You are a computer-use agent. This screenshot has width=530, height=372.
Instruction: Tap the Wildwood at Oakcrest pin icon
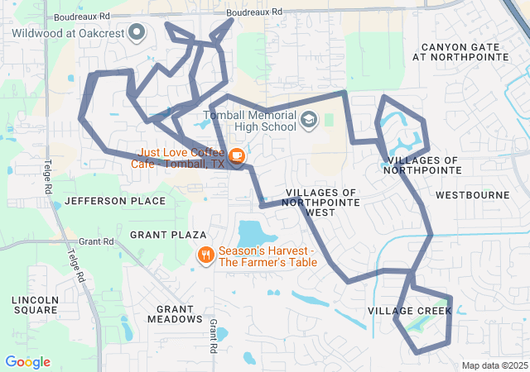[x=137, y=33]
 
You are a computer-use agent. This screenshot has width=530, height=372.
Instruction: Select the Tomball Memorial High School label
[x=248, y=122]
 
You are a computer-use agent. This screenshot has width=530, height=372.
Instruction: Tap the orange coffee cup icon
[x=237, y=155]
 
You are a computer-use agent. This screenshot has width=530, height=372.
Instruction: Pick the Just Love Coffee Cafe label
[x=178, y=158]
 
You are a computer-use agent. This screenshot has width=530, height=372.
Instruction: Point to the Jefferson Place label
[x=104, y=201]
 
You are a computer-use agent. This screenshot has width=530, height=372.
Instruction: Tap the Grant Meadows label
[x=174, y=313]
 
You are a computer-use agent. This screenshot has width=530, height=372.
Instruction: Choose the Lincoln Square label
[x=35, y=304]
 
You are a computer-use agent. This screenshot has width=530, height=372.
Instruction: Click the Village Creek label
[x=410, y=311]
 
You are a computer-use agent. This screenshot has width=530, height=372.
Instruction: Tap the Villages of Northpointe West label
[x=321, y=202]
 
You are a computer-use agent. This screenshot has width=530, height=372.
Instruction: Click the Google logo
[x=27, y=362]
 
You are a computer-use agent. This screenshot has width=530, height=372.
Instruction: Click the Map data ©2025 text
[x=494, y=365]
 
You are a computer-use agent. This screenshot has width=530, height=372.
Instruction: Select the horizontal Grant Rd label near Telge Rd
[x=97, y=241]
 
